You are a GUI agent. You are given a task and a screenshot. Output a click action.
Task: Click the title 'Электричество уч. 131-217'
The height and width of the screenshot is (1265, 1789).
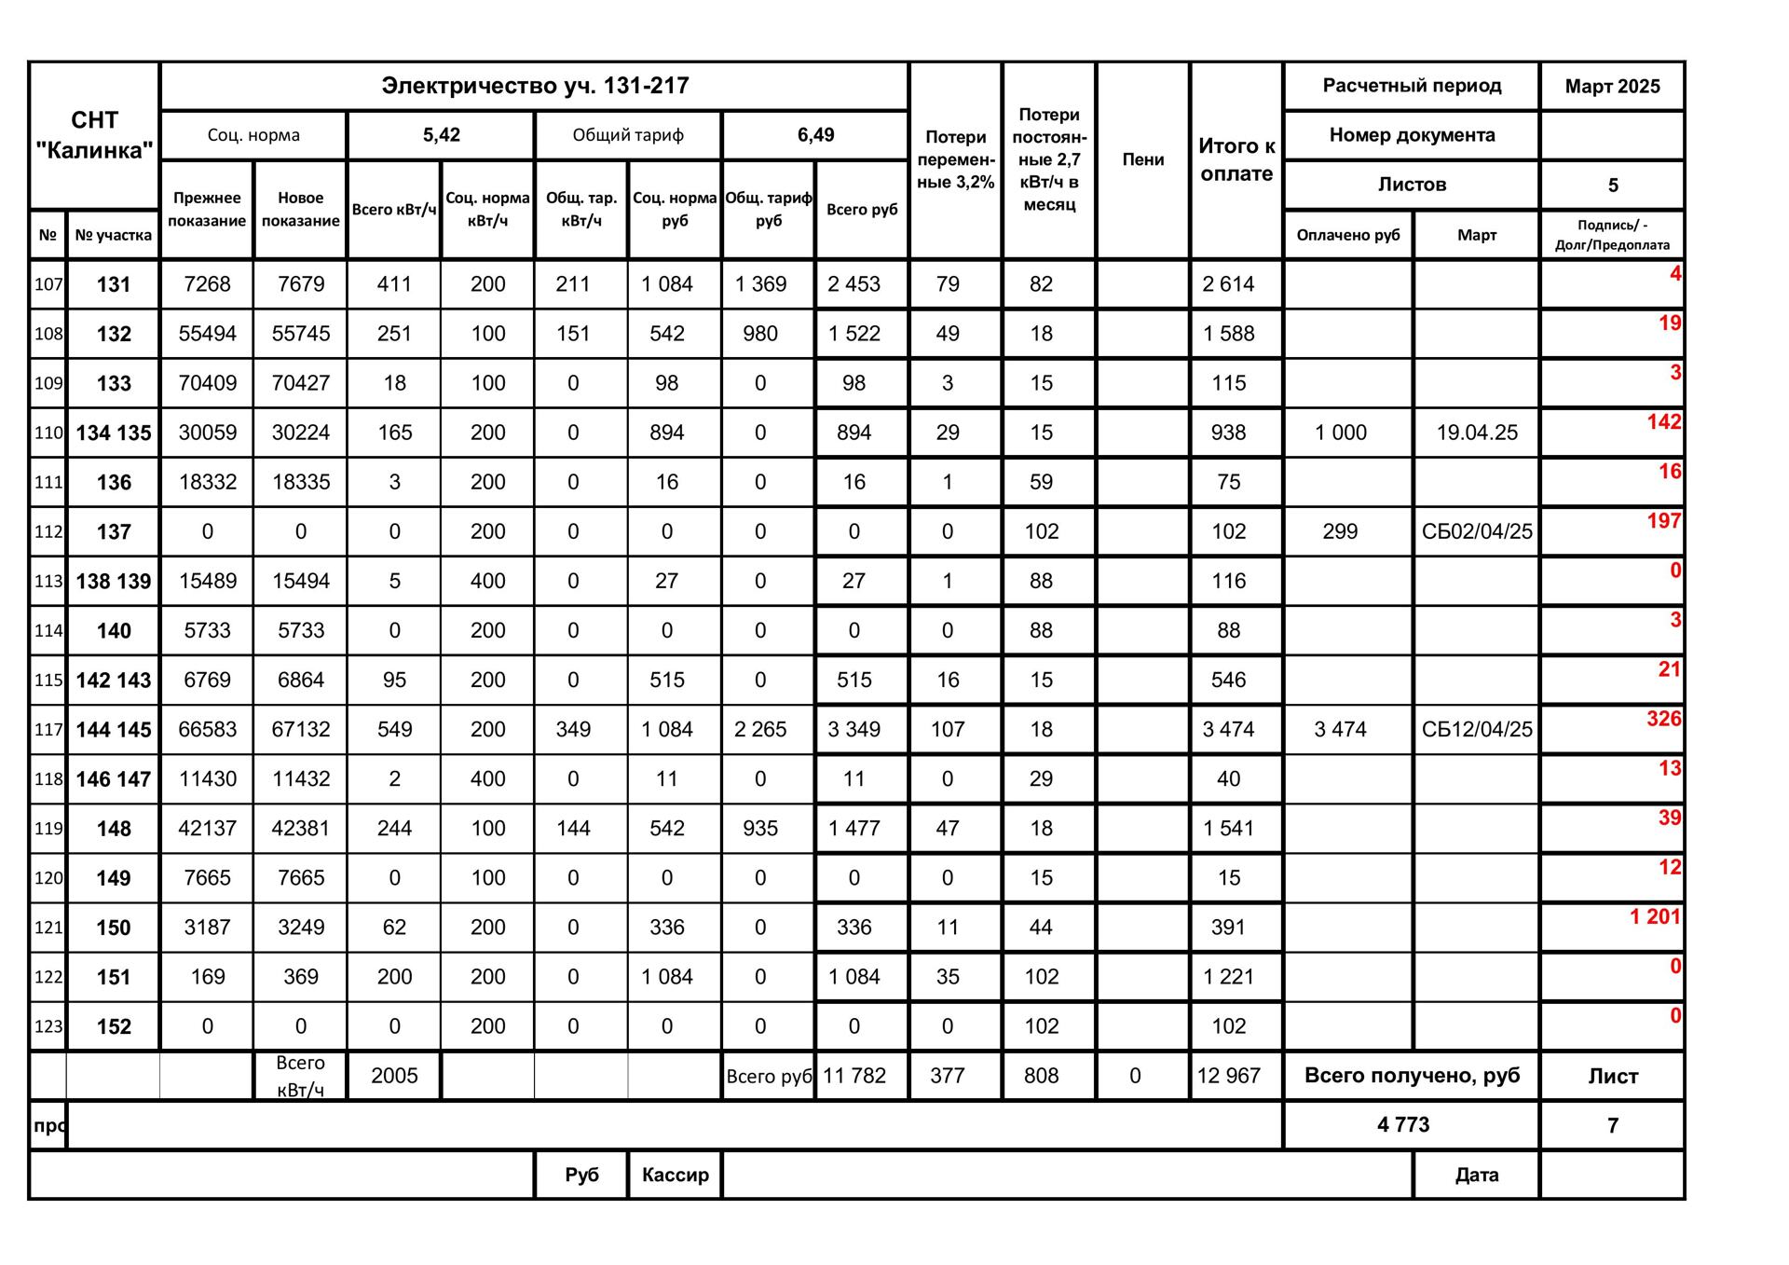point(535,86)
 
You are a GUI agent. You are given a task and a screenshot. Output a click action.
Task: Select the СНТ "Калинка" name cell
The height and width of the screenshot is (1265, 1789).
point(94,135)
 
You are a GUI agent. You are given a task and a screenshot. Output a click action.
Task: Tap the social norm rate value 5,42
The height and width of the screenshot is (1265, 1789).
point(441,135)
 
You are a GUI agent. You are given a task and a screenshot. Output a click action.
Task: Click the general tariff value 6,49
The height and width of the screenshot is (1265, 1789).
point(815,135)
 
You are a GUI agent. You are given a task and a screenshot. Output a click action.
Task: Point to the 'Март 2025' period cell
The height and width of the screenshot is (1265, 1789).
point(1612,87)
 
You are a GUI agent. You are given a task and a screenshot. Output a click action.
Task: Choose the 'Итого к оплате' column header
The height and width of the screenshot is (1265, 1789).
point(1236,159)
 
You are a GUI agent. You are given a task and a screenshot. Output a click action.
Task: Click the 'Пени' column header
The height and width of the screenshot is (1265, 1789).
point(1142,159)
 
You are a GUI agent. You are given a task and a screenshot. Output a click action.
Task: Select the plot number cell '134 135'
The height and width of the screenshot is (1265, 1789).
point(114,433)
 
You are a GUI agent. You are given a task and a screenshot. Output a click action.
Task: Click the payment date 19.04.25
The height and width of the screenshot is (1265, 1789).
point(1476,433)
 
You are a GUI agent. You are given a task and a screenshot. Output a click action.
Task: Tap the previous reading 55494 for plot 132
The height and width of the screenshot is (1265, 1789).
point(207,334)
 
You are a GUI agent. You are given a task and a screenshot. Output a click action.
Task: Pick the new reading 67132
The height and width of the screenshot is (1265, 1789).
point(301,730)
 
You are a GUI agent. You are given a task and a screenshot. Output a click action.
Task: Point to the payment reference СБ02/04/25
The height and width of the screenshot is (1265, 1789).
point(1476,531)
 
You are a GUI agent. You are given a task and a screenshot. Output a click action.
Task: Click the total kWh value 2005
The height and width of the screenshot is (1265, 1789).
point(394,1076)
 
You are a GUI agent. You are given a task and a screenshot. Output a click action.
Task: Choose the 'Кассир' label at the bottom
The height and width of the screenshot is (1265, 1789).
point(675,1175)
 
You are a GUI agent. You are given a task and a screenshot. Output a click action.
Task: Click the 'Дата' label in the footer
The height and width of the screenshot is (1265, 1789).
point(1476,1175)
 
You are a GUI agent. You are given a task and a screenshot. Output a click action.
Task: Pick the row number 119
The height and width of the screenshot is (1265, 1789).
point(48,829)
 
